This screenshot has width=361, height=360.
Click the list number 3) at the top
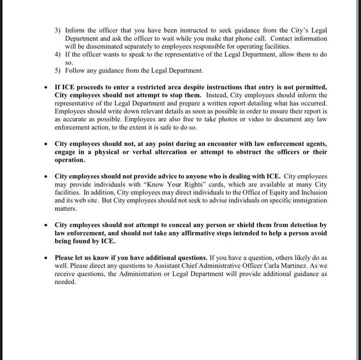tap(57, 31)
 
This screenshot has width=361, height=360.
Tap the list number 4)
tap(57, 55)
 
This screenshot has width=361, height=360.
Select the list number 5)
tap(57, 71)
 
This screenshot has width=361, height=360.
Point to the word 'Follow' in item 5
tap(75, 71)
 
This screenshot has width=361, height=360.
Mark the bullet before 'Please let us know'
tap(45, 258)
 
